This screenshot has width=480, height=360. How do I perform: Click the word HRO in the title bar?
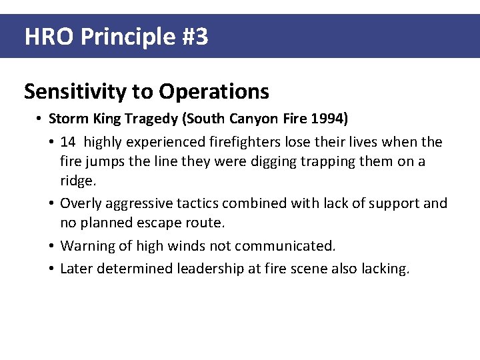pyautogui.click(x=49, y=37)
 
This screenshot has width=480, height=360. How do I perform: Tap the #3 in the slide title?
pyautogui.click(x=194, y=37)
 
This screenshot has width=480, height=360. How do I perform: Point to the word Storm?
pyautogui.click(x=65, y=119)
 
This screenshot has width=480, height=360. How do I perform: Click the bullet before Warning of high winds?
pyautogui.click(x=51, y=246)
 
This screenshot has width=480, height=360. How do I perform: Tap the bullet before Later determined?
pyautogui.click(x=51, y=269)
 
